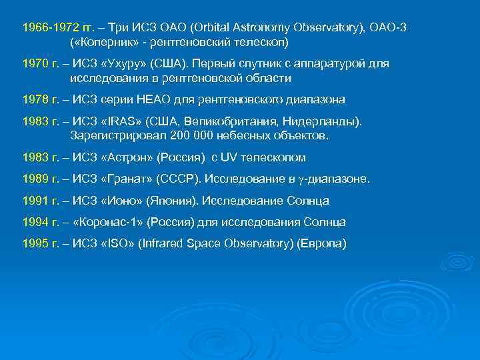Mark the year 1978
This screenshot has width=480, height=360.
[36, 100]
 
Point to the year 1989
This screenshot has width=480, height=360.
[36, 179]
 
